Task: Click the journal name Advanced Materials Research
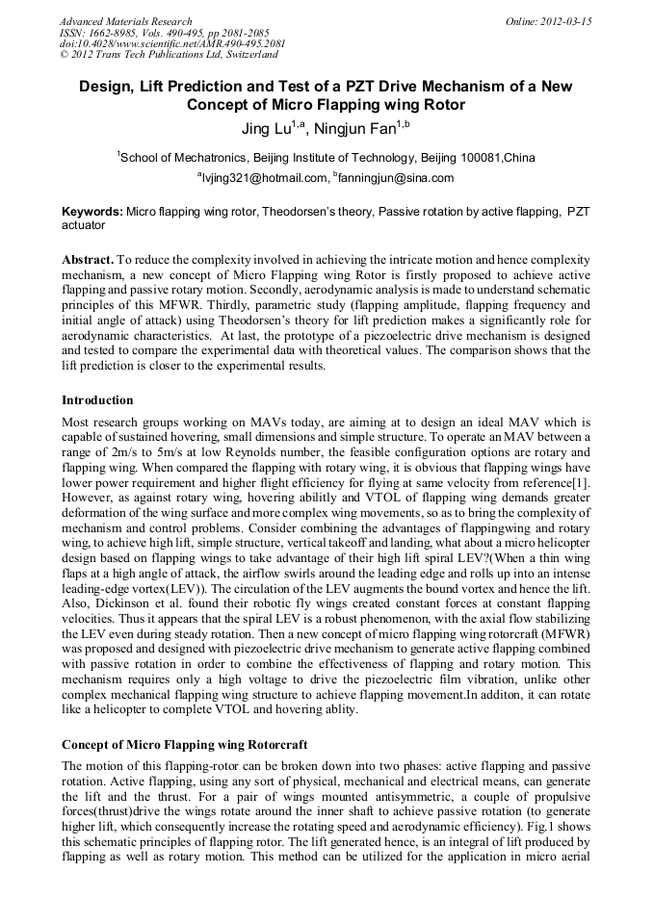pos(125,21)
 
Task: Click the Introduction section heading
pos(97,399)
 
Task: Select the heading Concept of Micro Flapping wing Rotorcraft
pos(185,744)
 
